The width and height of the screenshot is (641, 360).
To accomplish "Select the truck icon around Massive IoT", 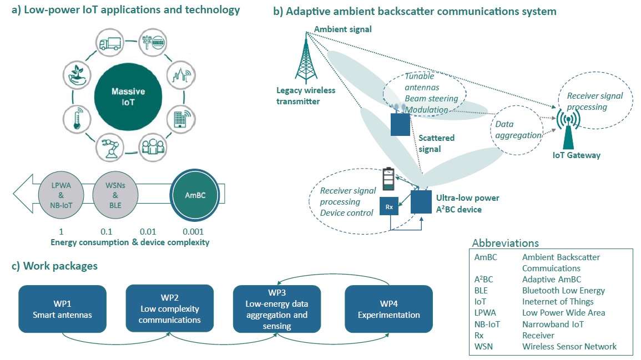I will tap(109, 43).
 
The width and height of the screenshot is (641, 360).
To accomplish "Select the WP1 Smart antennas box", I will tap(62, 309).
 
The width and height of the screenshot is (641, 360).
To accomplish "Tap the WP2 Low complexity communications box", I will tap(169, 309).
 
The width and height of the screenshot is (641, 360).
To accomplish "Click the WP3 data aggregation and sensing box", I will tap(276, 309).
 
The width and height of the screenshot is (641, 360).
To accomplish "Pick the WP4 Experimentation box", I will tap(388, 309).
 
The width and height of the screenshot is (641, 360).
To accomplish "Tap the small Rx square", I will tap(390, 207).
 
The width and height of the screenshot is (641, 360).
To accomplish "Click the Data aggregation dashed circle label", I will tap(518, 131).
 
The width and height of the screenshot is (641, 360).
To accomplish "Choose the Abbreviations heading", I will tap(505, 244).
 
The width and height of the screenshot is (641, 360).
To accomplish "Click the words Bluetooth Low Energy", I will tap(563, 291).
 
